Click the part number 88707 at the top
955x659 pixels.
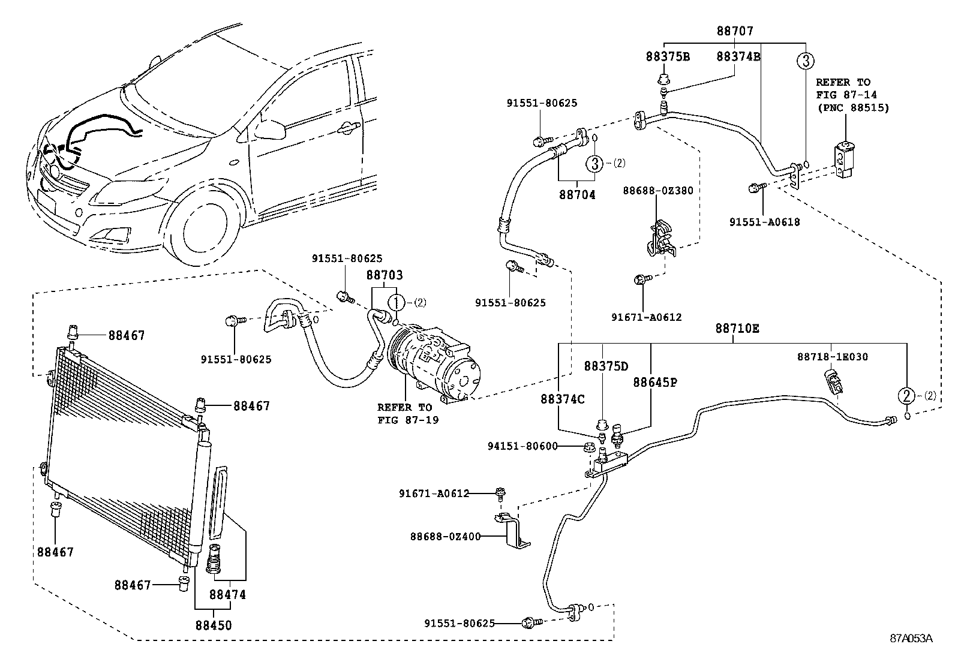click(735, 31)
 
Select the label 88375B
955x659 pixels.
click(668, 56)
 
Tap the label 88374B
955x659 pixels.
click(738, 56)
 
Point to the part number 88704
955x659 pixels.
click(577, 194)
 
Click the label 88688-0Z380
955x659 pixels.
click(658, 191)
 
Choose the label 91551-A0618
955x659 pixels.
click(764, 222)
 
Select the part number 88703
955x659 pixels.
click(384, 275)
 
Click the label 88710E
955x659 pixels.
click(737, 328)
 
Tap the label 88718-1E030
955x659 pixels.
click(832, 356)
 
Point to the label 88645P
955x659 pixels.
click(655, 383)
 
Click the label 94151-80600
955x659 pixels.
click(522, 446)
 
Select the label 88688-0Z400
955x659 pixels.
click(446, 536)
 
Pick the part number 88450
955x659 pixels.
click(214, 625)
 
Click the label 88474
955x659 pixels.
click(228, 594)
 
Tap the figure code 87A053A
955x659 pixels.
click(911, 638)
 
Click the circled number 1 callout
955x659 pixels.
click(396, 303)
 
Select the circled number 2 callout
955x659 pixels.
click(906, 396)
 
